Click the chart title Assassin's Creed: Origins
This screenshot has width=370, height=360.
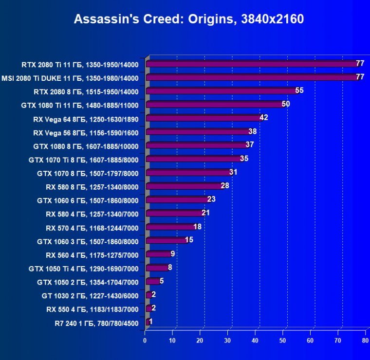point(188,19)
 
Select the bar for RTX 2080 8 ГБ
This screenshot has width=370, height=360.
point(222,91)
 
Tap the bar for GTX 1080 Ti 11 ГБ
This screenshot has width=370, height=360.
point(215,105)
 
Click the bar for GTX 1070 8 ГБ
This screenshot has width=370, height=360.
point(188,173)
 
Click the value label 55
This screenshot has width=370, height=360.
point(299,90)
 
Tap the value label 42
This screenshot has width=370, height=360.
point(264,118)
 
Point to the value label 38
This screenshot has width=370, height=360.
point(252,131)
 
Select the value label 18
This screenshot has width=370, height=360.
point(197,227)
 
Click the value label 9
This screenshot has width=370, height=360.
point(172,254)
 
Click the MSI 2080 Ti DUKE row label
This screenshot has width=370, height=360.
point(70,78)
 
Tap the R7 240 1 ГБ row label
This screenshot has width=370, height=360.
point(96,323)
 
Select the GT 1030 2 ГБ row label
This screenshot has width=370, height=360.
point(90,295)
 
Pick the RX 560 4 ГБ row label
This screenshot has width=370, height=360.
point(92,254)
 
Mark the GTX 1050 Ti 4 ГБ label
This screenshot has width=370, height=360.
point(84,268)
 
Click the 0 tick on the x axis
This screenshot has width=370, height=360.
point(145,341)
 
